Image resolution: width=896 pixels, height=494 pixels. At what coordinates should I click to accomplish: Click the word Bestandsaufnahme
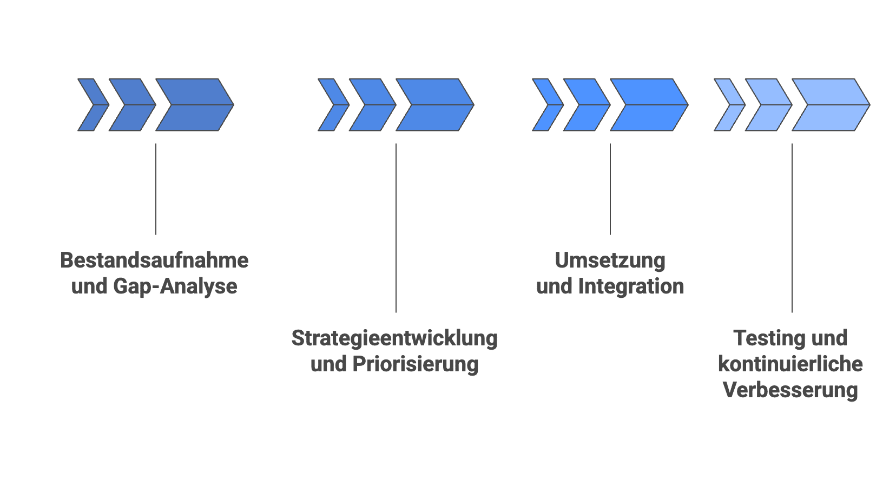click(154, 261)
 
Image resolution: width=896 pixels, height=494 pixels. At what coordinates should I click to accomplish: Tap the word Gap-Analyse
click(175, 286)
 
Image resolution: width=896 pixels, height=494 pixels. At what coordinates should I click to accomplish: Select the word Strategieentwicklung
click(394, 338)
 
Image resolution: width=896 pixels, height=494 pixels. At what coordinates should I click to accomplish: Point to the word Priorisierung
click(416, 364)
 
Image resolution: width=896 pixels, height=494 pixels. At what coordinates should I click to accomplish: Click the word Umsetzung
click(610, 261)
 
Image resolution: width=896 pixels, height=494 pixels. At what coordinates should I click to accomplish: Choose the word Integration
click(631, 286)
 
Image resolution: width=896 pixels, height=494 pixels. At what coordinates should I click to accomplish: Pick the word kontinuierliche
click(790, 364)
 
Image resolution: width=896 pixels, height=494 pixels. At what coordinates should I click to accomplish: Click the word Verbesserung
click(790, 390)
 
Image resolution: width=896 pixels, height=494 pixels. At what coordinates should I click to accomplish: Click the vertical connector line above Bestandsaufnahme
click(156, 189)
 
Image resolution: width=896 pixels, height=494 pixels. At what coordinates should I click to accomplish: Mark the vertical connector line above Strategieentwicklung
click(396, 227)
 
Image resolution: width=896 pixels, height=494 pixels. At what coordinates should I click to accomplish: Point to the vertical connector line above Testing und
click(792, 227)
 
